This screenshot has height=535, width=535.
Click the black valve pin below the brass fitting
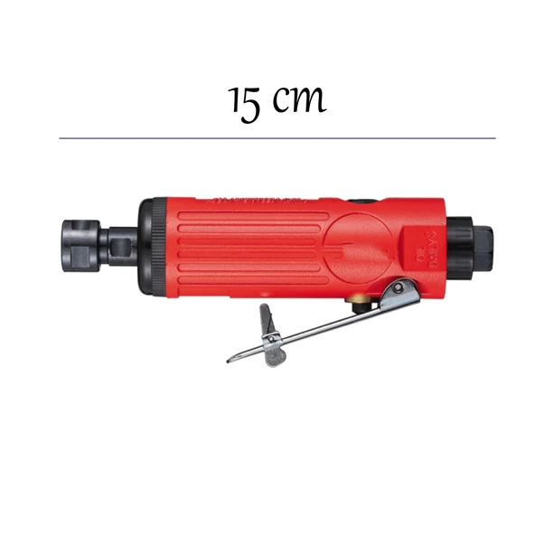(362, 311)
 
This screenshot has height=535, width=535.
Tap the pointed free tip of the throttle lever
(230, 358)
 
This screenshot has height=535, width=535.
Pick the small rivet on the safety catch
(269, 338)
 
